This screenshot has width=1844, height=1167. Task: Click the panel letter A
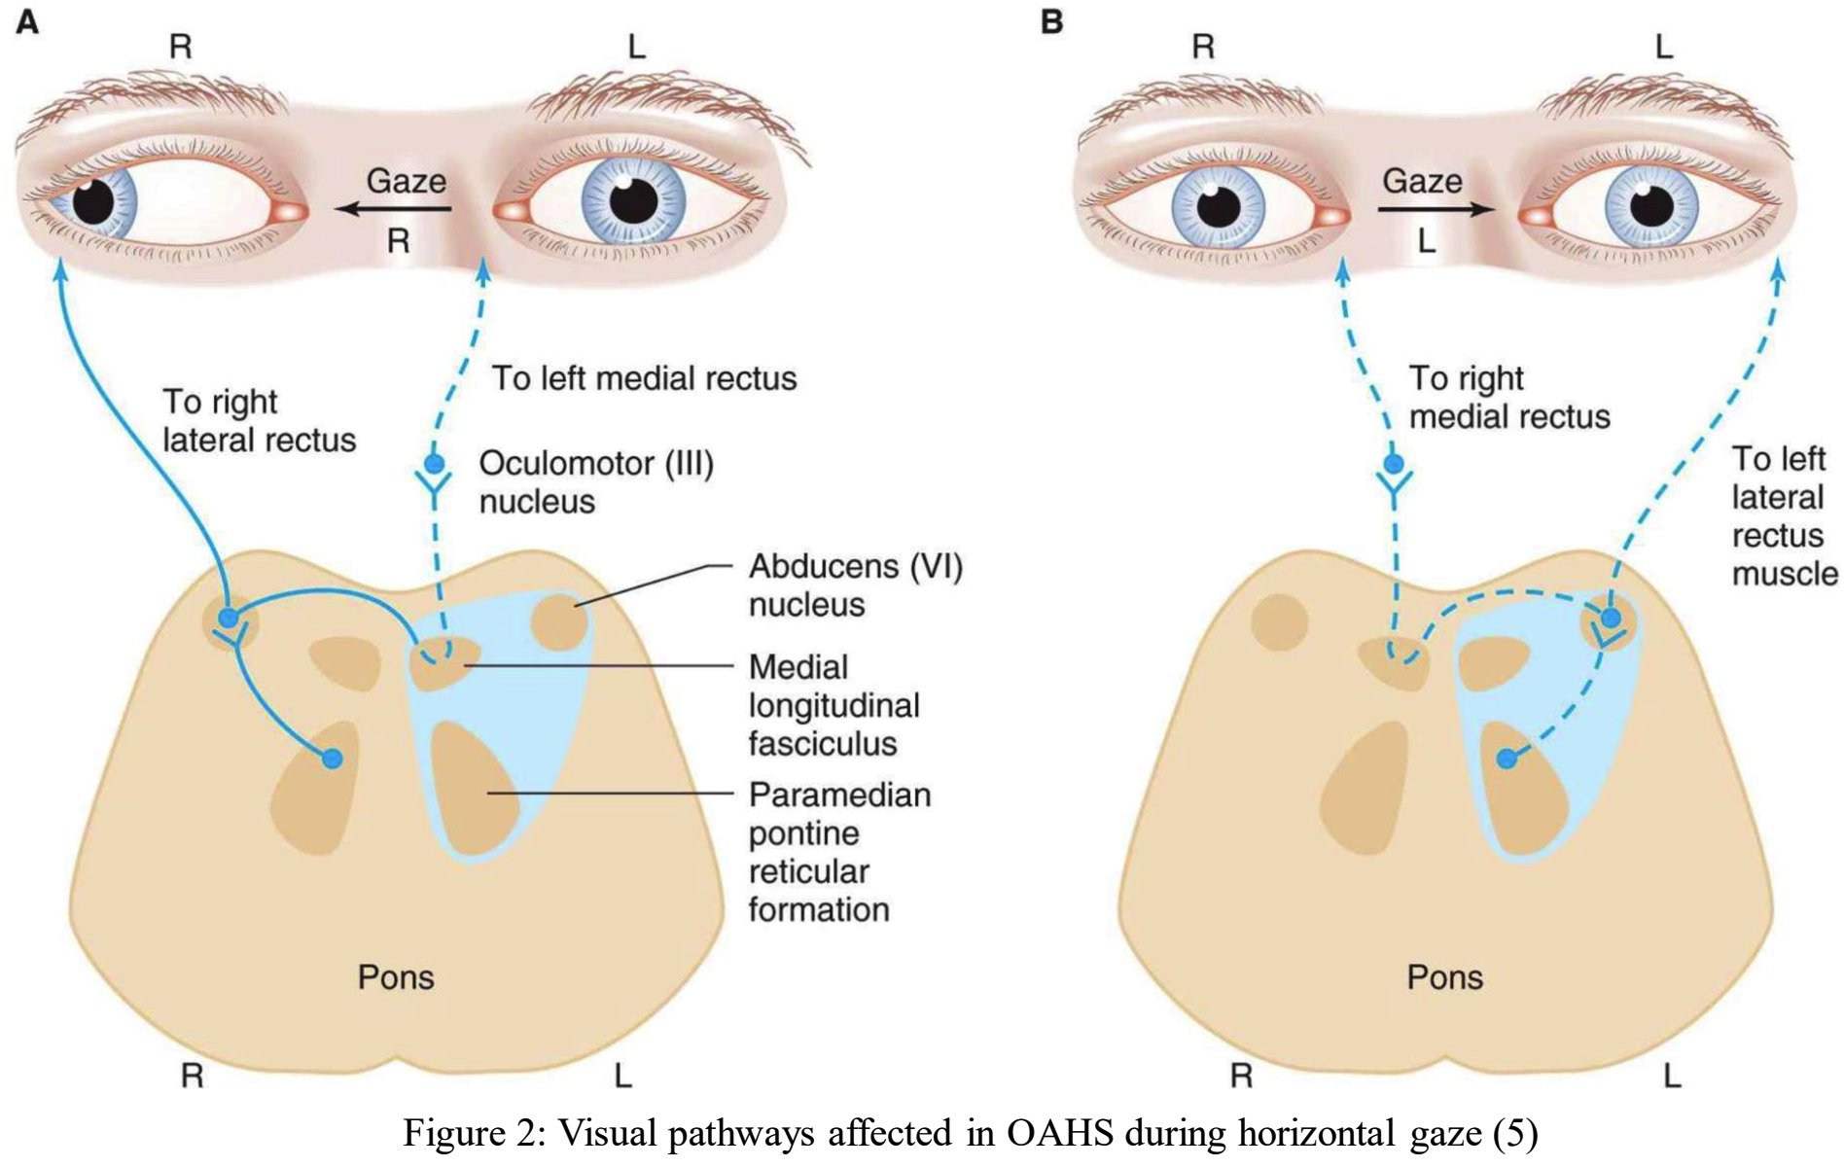point(27,21)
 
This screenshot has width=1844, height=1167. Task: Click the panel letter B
point(1051,21)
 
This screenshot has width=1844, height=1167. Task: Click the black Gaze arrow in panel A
point(393,208)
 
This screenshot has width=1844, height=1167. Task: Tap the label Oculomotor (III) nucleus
point(595,481)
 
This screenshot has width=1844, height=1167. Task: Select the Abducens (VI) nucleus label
point(855,584)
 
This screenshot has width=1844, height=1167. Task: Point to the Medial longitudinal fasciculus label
point(833,705)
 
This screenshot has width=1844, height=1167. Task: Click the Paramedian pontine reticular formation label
point(838,852)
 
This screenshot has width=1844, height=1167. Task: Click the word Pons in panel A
point(395,976)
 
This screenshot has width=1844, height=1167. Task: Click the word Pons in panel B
point(1444,976)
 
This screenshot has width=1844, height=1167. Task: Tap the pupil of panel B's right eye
point(1219,205)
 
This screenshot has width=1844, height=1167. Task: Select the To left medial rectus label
point(644,378)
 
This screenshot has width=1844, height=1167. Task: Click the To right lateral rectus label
point(259,420)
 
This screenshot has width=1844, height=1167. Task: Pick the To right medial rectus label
point(1508,397)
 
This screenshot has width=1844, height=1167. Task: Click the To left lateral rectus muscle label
point(1783,515)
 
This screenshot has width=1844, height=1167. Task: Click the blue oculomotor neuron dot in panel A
point(435,463)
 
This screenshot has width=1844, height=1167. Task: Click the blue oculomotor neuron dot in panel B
point(1394,463)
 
